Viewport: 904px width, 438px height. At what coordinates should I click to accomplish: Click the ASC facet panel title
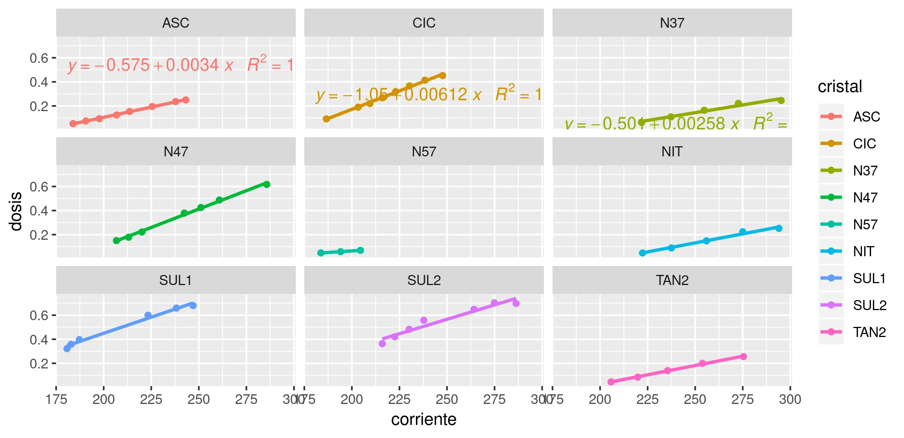click(x=176, y=23)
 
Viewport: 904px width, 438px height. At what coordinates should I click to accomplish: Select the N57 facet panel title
click(x=424, y=151)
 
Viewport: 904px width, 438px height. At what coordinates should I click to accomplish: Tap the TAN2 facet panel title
click(x=672, y=280)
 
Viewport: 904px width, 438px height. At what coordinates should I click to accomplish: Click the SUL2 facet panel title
click(x=424, y=280)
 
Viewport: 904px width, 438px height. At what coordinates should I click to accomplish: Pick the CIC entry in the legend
click(x=864, y=144)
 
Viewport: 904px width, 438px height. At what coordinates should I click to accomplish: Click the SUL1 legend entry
click(x=869, y=278)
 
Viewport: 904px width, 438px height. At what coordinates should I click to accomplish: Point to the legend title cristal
click(x=840, y=86)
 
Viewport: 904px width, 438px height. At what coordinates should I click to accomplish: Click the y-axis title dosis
click(x=16, y=211)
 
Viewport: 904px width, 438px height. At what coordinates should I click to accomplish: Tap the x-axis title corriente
click(x=424, y=419)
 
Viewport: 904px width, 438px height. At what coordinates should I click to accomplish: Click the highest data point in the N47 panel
click(x=267, y=184)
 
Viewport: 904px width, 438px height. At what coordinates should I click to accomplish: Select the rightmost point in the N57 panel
click(x=360, y=250)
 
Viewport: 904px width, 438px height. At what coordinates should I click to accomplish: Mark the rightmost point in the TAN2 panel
click(x=743, y=356)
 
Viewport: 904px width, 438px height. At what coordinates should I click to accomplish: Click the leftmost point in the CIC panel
click(x=326, y=119)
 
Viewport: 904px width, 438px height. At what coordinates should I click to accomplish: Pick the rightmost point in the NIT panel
click(x=779, y=228)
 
